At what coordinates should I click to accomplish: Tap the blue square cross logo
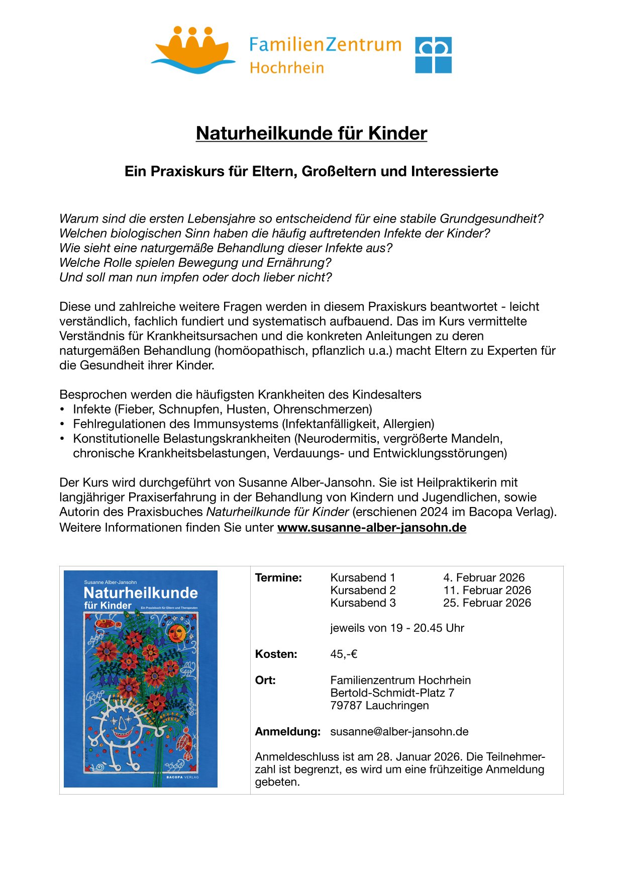(433, 55)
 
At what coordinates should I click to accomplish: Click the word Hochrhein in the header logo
(287, 68)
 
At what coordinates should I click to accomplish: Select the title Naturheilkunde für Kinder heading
(311, 133)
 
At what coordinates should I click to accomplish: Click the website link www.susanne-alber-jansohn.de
(372, 528)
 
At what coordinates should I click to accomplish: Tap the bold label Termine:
(278, 578)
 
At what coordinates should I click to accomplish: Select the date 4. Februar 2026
(484, 578)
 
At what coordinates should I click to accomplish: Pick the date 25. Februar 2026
(487, 603)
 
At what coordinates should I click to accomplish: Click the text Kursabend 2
(363, 591)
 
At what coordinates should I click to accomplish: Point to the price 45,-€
(344, 654)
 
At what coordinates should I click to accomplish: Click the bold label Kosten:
(276, 654)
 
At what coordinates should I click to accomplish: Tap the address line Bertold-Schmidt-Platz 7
(392, 693)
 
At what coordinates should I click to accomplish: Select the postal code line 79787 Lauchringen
(379, 706)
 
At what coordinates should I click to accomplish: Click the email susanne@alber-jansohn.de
(399, 732)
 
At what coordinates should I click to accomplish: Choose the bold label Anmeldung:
(287, 732)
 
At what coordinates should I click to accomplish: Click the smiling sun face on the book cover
(177, 633)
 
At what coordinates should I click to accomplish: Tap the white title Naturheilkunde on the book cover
(141, 593)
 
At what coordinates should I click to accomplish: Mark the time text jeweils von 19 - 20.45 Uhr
(397, 628)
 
